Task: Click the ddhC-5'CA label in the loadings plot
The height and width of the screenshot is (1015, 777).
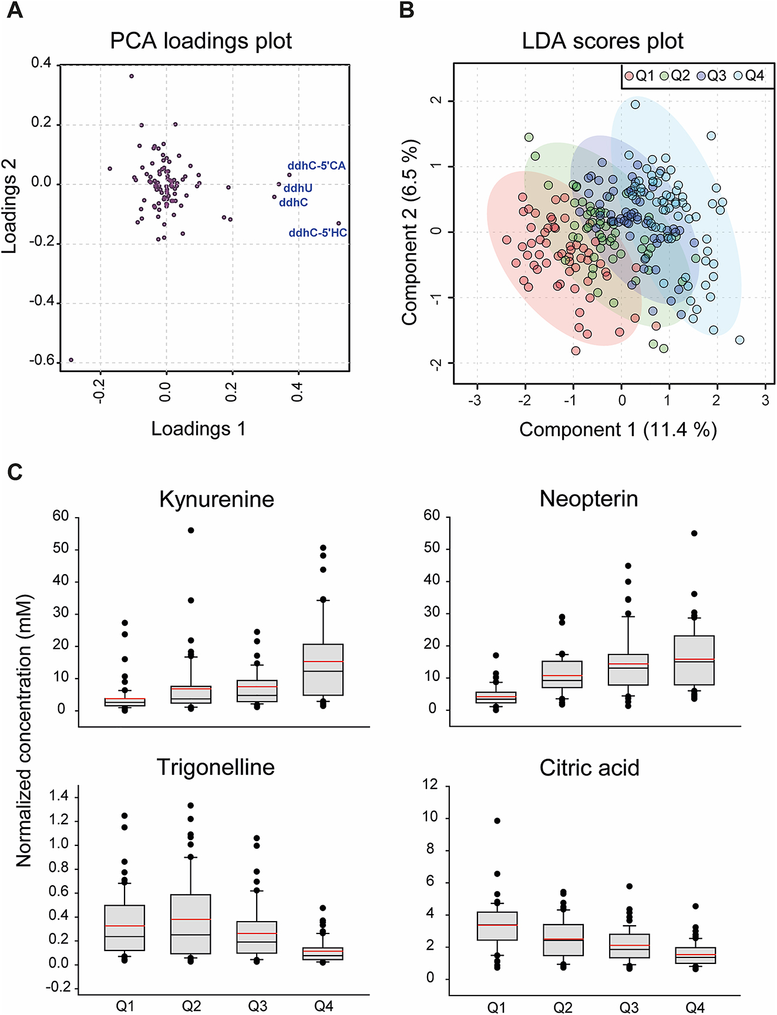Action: tap(316, 166)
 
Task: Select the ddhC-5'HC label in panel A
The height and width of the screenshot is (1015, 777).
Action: tap(317, 233)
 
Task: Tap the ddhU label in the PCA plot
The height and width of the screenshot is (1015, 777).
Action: tap(298, 188)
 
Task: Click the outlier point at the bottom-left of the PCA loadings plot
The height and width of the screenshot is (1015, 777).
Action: tap(71, 360)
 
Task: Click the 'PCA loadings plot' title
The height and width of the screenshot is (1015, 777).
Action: tap(201, 41)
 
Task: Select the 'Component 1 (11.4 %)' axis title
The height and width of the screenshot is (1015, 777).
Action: tap(618, 430)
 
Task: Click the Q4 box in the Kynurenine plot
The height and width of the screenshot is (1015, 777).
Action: tap(323, 670)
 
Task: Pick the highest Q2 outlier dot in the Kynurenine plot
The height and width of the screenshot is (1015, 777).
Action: tap(191, 530)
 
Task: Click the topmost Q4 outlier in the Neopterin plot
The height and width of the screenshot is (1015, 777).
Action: tap(694, 534)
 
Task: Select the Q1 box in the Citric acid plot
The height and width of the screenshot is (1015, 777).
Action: tap(497, 926)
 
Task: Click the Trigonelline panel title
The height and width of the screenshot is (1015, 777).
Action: tap(216, 767)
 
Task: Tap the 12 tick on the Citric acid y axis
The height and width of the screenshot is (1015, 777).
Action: tap(431, 785)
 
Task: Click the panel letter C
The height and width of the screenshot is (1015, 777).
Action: tap(15, 472)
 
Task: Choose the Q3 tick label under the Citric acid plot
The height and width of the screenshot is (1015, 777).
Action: tap(628, 1007)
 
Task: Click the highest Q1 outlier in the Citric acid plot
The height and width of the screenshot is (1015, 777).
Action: tap(497, 821)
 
